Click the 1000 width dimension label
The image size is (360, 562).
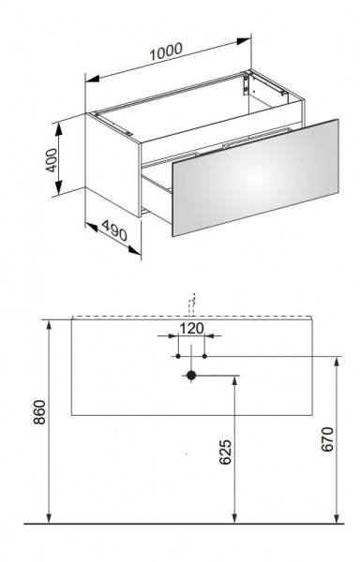166,52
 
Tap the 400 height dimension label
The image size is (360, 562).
52,160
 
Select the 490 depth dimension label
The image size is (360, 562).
114,230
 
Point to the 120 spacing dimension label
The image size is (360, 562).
191,328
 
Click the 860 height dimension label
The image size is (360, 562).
39,412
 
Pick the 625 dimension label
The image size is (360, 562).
225,452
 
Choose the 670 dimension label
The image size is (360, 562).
327,439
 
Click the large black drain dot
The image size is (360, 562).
191,376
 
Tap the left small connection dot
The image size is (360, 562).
178,356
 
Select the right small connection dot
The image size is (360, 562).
204,356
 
